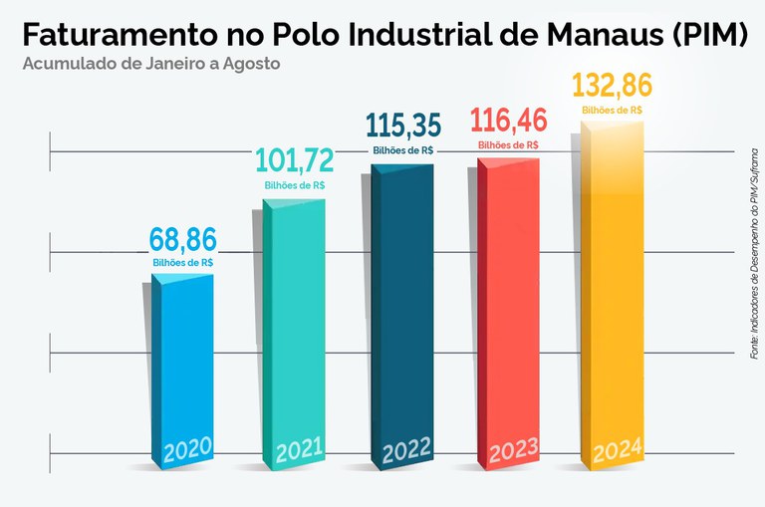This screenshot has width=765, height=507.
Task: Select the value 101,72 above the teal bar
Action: pos(294,161)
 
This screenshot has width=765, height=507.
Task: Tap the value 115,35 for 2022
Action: pos(402,126)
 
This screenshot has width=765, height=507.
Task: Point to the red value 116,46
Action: pos(508,122)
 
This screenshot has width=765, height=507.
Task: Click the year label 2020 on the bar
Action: pos(185,449)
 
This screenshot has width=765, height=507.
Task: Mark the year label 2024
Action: pos(617,451)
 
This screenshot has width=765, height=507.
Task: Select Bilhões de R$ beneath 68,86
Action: pos(182,262)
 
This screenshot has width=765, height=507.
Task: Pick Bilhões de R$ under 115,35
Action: pos(402,150)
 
